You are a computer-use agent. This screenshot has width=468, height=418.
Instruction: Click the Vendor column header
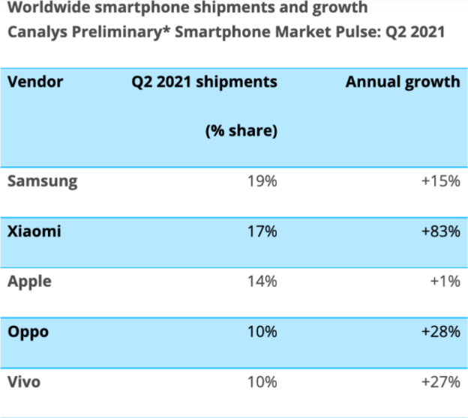tap(35, 82)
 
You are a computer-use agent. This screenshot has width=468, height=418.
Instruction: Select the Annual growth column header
tap(403, 82)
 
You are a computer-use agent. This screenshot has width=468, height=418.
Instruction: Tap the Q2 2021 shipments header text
tap(204, 82)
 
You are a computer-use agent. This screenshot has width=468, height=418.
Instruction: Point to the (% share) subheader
tap(241, 131)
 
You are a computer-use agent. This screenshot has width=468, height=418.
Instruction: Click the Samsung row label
tap(42, 181)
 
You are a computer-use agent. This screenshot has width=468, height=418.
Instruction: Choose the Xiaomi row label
tap(34, 231)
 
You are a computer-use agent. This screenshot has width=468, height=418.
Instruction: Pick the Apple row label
tap(29, 282)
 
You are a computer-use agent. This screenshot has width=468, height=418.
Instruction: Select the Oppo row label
tap(28, 332)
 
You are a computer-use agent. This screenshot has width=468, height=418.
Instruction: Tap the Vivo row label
tap(23, 382)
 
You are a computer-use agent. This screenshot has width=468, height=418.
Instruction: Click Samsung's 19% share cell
tap(262, 181)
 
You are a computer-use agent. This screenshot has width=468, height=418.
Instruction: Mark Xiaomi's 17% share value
tap(262, 231)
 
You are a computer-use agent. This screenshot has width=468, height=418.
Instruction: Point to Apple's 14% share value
tap(262, 282)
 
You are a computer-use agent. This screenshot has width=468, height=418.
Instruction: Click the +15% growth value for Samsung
tap(440, 181)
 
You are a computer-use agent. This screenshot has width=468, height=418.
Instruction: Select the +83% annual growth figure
tap(440, 231)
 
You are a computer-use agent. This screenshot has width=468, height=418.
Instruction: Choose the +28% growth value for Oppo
tap(440, 332)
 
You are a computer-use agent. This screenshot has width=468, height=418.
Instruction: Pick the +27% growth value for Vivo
tap(440, 382)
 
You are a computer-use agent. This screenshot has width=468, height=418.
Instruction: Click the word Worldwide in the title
tap(45, 8)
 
